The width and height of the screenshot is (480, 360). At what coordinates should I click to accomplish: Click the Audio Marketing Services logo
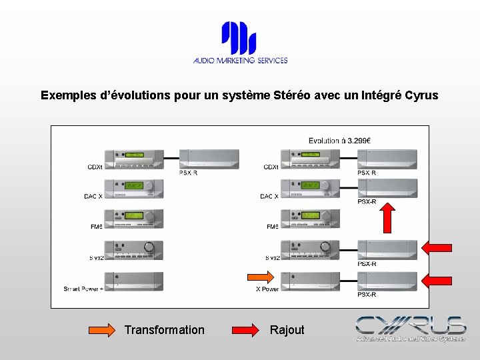240,43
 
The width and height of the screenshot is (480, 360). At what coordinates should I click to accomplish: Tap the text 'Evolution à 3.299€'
339,140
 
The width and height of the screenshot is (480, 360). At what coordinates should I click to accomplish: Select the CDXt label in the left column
94,166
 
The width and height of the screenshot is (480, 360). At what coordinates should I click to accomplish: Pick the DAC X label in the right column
270,196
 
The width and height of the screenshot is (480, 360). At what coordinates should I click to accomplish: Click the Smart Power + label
83,289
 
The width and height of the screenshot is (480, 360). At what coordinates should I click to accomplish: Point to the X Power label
267,289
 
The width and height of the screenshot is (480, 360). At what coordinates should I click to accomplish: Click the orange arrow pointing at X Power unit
260,277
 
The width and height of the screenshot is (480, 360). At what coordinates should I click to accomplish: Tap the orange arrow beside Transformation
102,329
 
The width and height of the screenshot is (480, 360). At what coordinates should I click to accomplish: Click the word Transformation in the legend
165,329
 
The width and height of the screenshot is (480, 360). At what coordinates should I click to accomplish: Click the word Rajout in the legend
287,329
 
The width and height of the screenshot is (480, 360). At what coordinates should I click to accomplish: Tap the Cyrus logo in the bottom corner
410,328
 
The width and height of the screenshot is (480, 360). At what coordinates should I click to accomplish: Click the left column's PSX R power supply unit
208,159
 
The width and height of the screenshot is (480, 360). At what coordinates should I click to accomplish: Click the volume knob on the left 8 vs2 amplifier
149,247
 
